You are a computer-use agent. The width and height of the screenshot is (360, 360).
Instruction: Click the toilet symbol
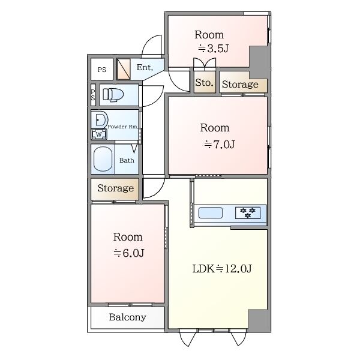point(113,94)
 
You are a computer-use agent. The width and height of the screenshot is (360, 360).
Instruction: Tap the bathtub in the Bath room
point(103,159)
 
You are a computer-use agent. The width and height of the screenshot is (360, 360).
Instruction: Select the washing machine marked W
point(99,134)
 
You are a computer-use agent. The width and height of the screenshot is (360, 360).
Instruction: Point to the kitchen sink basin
point(211,212)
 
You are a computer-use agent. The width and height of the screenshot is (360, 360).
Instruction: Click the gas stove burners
point(248,212)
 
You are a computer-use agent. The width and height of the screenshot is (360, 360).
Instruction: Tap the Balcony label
point(127,317)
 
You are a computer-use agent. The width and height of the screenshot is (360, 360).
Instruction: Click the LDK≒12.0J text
point(222,268)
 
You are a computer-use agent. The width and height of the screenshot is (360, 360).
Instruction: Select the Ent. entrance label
point(145,67)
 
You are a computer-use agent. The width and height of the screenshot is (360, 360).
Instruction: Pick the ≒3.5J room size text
point(213,49)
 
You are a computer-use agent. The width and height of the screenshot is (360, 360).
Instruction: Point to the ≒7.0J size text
point(219,145)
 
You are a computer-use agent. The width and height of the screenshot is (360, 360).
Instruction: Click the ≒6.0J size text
point(128,253)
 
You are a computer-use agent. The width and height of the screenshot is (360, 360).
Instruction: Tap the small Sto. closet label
point(204,82)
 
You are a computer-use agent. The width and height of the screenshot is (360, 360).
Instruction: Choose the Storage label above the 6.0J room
point(115,188)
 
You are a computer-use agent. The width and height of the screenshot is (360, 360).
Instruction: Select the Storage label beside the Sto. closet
point(240,84)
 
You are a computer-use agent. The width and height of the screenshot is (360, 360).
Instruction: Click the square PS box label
point(102,70)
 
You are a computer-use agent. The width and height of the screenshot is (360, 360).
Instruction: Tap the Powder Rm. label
point(123,127)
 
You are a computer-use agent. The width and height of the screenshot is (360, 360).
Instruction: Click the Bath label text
point(127,160)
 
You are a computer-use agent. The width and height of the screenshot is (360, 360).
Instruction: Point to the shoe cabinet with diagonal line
point(124,69)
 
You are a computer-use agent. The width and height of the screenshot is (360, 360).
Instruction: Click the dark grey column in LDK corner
point(258,320)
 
